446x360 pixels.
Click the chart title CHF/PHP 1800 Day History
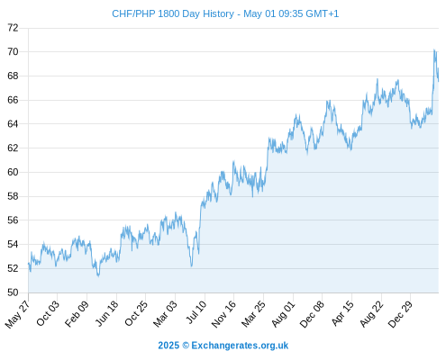(x=173, y=13)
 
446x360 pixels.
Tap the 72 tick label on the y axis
(x=13, y=28)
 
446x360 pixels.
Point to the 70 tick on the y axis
(x=13, y=52)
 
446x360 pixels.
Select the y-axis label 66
(x=13, y=100)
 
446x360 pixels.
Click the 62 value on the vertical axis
(x=13, y=148)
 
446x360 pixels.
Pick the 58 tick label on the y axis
(x=13, y=196)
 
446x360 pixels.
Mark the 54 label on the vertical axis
(x=13, y=244)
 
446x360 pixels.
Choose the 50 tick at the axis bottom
(x=13, y=292)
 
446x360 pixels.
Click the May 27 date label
(x=17, y=313)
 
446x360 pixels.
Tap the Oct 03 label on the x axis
(x=48, y=313)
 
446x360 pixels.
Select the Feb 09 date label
(x=77, y=313)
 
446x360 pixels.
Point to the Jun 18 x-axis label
(x=106, y=313)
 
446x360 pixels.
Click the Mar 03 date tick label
(x=165, y=313)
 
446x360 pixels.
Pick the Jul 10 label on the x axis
(x=196, y=312)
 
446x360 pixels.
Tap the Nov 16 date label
(x=223, y=314)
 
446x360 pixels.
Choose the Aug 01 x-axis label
(x=283, y=313)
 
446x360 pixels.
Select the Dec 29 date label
(x=400, y=314)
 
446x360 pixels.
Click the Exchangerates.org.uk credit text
(x=240, y=346)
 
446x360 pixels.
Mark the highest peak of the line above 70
(x=434, y=49)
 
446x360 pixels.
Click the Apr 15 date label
(x=341, y=313)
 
